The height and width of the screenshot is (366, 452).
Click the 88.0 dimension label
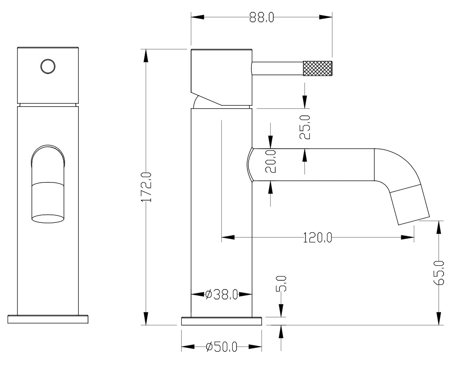click(x=261, y=18)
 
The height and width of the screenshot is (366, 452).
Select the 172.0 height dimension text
click(x=147, y=187)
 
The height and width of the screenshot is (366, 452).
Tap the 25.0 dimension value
click(x=305, y=127)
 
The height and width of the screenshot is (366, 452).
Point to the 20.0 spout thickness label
click(x=270, y=161)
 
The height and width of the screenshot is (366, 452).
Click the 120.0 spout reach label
click(x=318, y=238)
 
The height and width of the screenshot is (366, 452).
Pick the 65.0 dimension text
click(x=439, y=272)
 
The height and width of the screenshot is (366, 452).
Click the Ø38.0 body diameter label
click(x=222, y=295)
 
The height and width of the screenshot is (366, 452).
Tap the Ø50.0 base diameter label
click(x=221, y=347)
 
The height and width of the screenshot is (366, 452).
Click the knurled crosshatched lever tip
click(x=317, y=69)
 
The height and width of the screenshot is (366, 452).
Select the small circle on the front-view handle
click(x=48, y=66)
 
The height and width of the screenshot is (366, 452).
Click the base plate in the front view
click(x=48, y=320)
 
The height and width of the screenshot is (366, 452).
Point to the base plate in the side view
click(x=221, y=321)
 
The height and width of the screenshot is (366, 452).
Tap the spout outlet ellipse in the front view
click(x=48, y=218)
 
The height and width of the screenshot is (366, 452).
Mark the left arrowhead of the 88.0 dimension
click(x=197, y=17)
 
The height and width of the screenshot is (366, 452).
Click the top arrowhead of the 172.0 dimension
click(x=146, y=56)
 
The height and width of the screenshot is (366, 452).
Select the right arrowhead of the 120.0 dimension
click(x=408, y=238)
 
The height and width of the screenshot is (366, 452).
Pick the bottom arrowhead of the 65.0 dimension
click(x=439, y=318)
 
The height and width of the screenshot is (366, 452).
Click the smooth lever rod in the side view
click(x=277, y=69)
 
